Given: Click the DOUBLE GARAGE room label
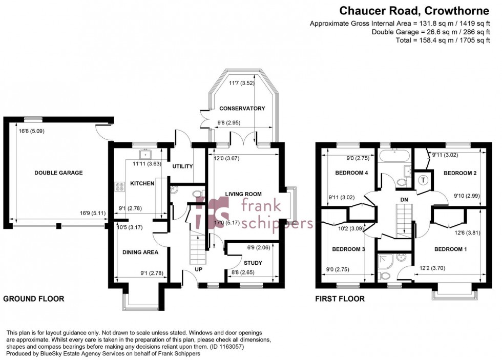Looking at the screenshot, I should pos(58,173).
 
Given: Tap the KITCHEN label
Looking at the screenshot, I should pos(142,183).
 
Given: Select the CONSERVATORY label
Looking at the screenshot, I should pos(242,109).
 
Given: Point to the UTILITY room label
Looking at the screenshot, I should pos(182,166).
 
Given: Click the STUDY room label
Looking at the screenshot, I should pos(253,263).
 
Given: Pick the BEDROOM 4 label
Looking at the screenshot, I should pos(352,173).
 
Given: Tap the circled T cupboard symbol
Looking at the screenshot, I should pos(424,180).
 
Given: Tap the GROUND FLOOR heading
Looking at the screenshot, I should pos(34,299).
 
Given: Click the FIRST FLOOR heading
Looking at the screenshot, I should pos(340,299).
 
